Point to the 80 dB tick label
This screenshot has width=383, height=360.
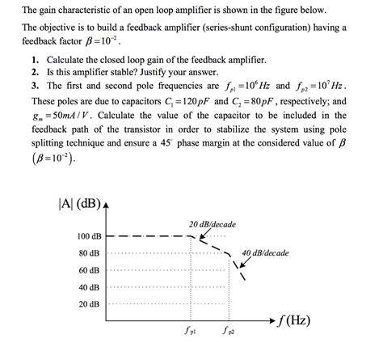90,252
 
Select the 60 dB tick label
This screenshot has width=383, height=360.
90,269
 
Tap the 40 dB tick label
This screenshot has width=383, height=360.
90,286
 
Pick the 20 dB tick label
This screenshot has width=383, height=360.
90,304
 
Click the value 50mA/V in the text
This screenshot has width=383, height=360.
66,115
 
